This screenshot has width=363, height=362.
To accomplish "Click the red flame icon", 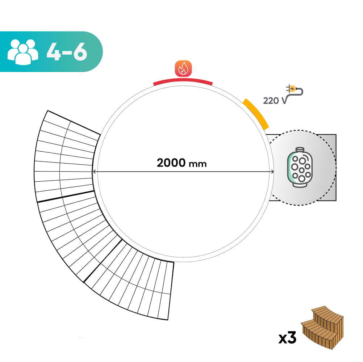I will pyautogui.click(x=183, y=68).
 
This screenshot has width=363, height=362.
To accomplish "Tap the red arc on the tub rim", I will pyautogui.click(x=183, y=81).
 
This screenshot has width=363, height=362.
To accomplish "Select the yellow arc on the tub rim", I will pyautogui.click(x=256, y=113).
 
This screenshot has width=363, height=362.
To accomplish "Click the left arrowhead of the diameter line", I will pyautogui.click(x=95, y=172).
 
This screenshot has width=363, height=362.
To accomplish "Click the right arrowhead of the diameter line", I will pyautogui.click(x=272, y=172).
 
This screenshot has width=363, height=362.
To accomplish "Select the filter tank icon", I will pyautogui.click(x=300, y=167).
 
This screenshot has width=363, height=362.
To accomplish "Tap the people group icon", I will pyautogui.click(x=22, y=51).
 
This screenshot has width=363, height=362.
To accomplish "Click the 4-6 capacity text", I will pyautogui.click(x=67, y=52).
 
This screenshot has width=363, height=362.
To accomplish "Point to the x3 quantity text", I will pyautogui.click(x=287, y=338).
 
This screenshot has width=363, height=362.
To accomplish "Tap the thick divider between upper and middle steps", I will pyautogui.click(x=65, y=197).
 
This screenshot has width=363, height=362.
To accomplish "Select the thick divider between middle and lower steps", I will pyautogui.click(x=102, y=260).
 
